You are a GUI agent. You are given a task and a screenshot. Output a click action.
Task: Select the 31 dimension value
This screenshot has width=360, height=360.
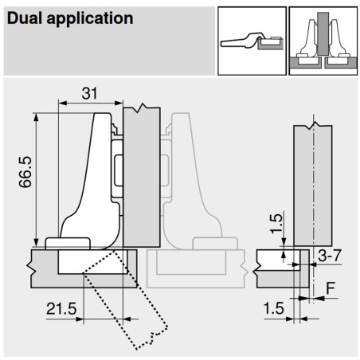click(90, 93)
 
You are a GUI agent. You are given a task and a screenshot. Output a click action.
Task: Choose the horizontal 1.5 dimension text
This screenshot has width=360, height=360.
click(272, 306)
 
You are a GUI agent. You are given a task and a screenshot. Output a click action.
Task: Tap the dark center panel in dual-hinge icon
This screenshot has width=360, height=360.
click(320, 32)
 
